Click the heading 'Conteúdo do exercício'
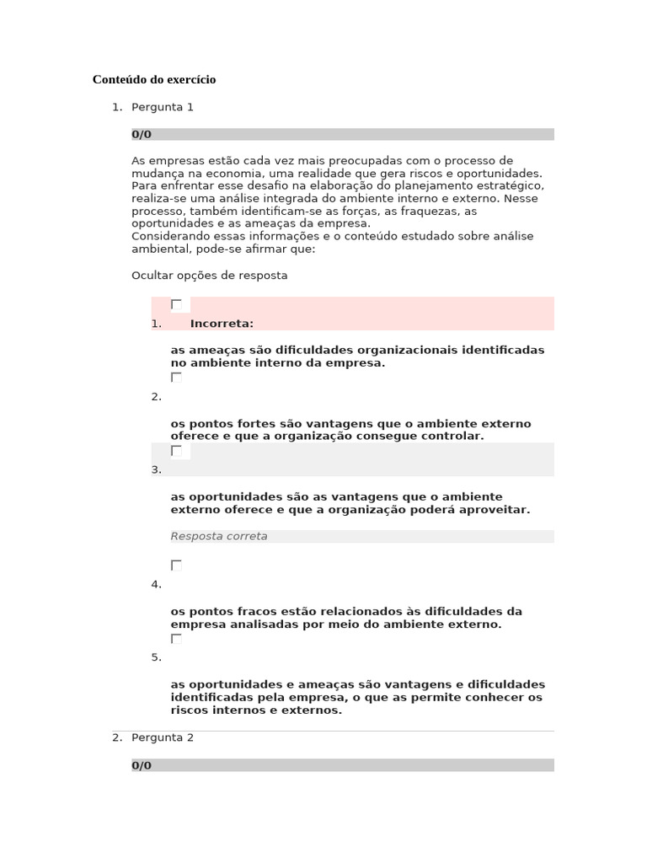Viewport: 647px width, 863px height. coord(154,79)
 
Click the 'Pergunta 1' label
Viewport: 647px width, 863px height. coord(163,107)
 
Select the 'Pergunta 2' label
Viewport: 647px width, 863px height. coord(163,737)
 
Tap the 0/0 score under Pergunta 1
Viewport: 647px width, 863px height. coord(142,134)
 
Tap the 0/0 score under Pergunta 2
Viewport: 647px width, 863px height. coord(142,765)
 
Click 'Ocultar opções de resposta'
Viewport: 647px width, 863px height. coord(210,276)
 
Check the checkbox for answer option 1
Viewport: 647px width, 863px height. coord(176,304)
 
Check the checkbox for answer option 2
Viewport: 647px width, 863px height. coord(176,378)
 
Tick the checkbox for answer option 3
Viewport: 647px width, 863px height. coord(176,451)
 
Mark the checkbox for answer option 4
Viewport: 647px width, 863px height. coord(176,565)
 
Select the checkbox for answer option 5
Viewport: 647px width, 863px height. coord(176,639)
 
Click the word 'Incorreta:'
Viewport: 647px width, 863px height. coord(222,323)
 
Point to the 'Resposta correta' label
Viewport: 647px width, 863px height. coord(219,536)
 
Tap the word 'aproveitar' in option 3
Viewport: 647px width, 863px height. coord(499,510)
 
